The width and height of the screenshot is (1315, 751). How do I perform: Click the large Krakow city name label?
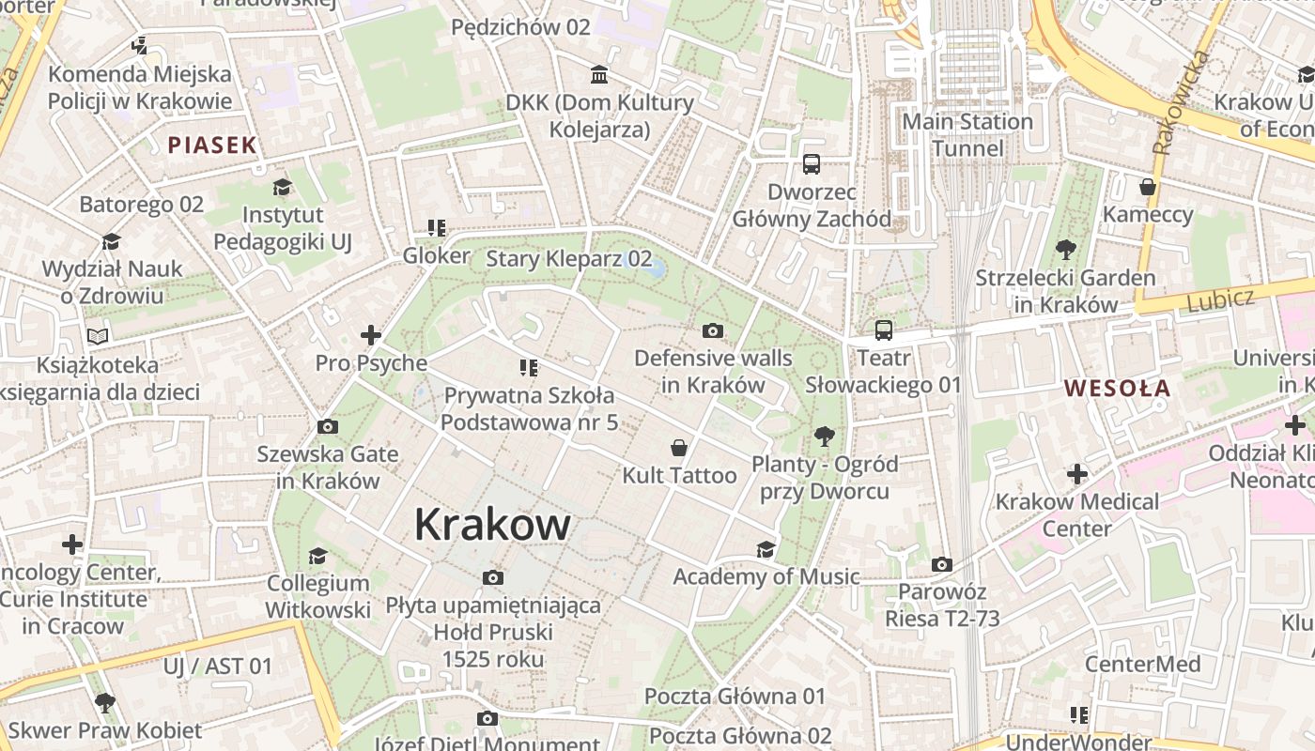point(491,524)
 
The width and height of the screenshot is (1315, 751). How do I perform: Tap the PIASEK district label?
point(212,145)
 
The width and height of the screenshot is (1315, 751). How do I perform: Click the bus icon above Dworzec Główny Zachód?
point(811,164)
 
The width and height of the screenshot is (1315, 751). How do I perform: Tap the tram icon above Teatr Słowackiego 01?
point(883,330)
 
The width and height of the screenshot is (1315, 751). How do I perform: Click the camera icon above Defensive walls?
point(713,330)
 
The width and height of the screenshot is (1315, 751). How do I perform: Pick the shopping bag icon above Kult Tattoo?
point(679,448)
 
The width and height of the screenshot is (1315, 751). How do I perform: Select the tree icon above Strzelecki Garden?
point(1065,250)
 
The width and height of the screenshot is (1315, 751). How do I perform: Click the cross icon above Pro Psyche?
point(371,334)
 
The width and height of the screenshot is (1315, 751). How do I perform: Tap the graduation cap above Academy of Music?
point(766,549)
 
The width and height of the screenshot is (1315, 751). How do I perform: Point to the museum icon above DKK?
point(598,74)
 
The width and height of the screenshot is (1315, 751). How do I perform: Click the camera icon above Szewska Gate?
point(327,426)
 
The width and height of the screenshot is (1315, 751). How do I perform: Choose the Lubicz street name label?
point(1220,300)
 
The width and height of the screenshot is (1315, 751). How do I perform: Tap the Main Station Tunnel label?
point(967,134)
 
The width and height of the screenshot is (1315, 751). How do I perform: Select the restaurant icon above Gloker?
point(436,227)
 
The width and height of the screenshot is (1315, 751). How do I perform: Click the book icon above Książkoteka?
point(98,335)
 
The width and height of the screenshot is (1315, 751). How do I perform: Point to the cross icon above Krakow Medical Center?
point(1076,474)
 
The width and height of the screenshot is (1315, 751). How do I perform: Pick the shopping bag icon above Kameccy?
point(1147,187)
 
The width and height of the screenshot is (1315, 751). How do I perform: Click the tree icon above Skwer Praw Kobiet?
point(104,702)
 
